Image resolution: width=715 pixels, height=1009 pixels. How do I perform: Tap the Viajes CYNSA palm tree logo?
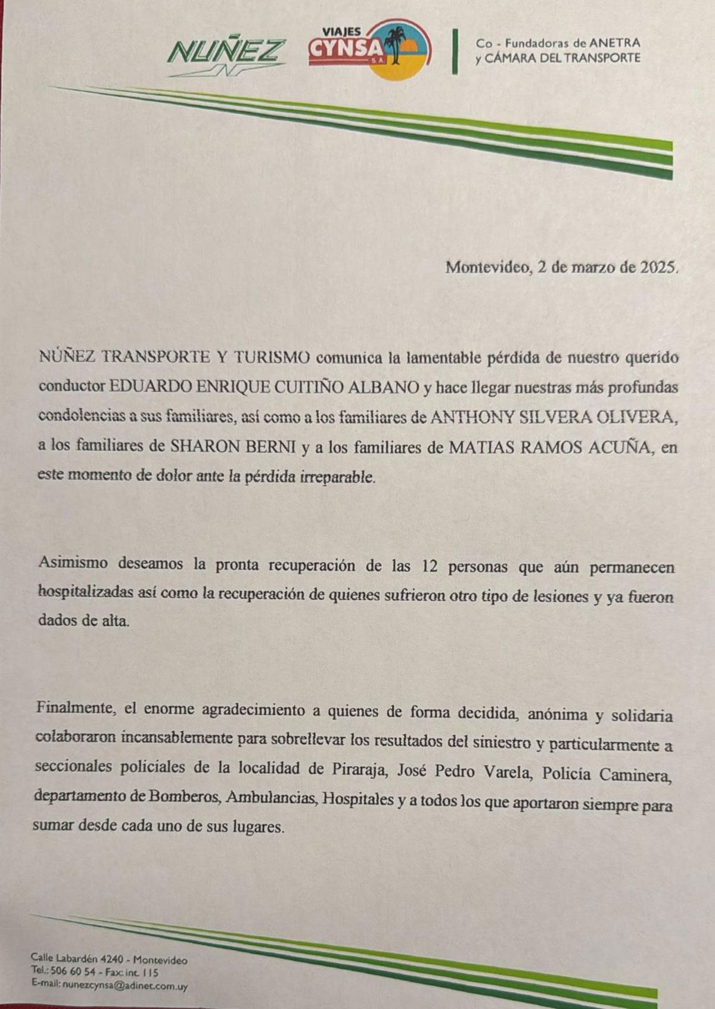click(369, 49)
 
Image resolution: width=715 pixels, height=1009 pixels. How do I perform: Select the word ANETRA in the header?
click(614, 43)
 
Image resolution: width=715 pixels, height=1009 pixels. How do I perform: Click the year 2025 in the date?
click(657, 268)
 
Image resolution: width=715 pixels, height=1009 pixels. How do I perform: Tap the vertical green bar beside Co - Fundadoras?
click(455, 51)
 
